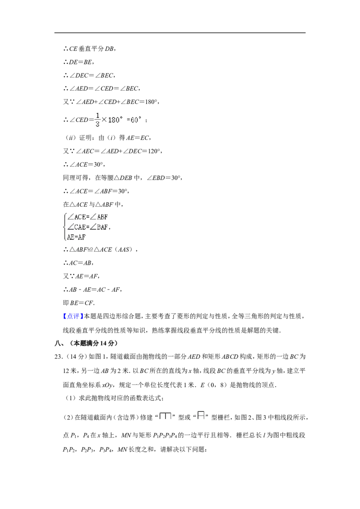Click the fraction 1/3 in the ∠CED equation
click(98, 120)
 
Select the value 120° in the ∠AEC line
click(154, 151)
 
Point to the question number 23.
click(58, 357)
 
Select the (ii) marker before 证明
click(70, 138)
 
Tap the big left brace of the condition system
click(65, 227)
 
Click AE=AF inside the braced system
click(76, 237)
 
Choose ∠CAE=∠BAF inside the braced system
click(88, 227)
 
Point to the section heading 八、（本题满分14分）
click(86, 343)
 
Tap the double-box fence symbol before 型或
click(166, 416)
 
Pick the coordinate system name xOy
click(107, 385)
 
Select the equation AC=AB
click(81, 263)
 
